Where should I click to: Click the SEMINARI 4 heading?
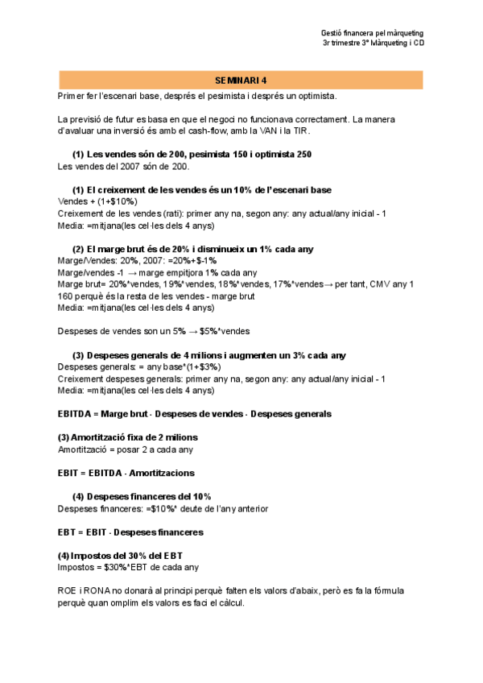(242, 81)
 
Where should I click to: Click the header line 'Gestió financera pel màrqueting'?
(371, 33)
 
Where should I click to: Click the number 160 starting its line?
(66, 296)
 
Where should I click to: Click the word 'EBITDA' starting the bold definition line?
(76, 414)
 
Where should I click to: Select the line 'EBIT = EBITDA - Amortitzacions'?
(126, 473)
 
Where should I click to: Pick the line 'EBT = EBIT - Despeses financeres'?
(130, 532)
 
